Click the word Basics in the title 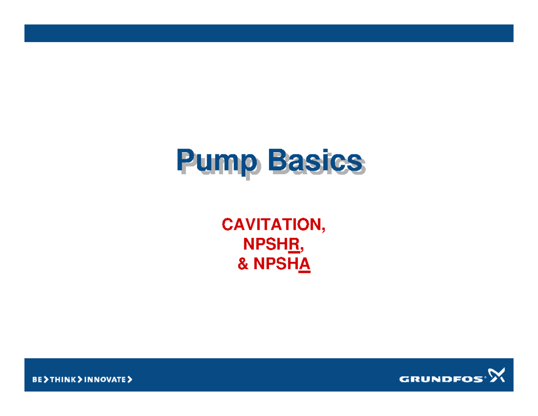[314, 160]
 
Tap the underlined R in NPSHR [294, 245]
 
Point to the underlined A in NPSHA [305, 265]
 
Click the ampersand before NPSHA [243, 265]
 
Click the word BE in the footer [37, 380]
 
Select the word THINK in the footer [63, 380]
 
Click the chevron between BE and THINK [45, 380]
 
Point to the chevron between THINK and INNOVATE [80, 380]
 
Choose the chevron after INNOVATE [130, 380]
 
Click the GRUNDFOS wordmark [441, 379]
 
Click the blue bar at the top [269, 33]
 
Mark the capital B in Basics [277, 160]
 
